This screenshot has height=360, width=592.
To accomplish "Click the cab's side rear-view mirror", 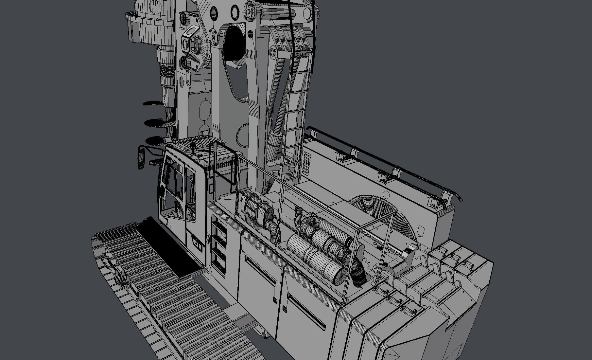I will [x=141, y=158].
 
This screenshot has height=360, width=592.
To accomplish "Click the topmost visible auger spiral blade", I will [x=153, y=103].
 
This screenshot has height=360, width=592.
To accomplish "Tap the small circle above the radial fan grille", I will [x=386, y=195].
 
